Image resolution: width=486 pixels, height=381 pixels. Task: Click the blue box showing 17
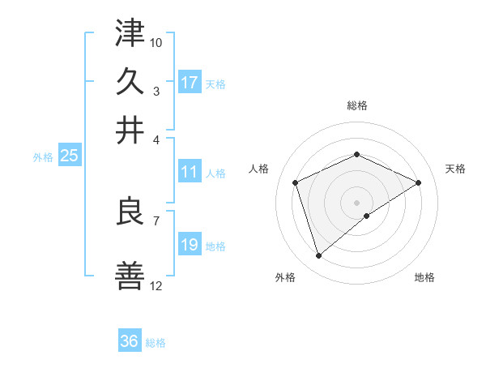click(190, 83)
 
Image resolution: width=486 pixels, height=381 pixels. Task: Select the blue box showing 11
click(190, 172)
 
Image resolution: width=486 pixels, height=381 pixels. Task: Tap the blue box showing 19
click(190, 245)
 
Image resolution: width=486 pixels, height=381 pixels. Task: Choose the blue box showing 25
click(69, 156)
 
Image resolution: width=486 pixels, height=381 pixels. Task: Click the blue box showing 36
click(130, 341)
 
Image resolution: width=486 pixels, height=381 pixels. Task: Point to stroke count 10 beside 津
click(156, 41)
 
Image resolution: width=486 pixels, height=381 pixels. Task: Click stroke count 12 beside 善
click(156, 286)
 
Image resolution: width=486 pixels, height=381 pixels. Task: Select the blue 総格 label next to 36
click(156, 343)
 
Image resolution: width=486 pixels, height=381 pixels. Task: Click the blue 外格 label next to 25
click(43, 157)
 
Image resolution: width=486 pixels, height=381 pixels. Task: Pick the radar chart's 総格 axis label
click(357, 105)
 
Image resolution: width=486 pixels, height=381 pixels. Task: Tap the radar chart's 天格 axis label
click(456, 169)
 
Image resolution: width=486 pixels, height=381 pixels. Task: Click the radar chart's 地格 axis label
click(424, 278)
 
